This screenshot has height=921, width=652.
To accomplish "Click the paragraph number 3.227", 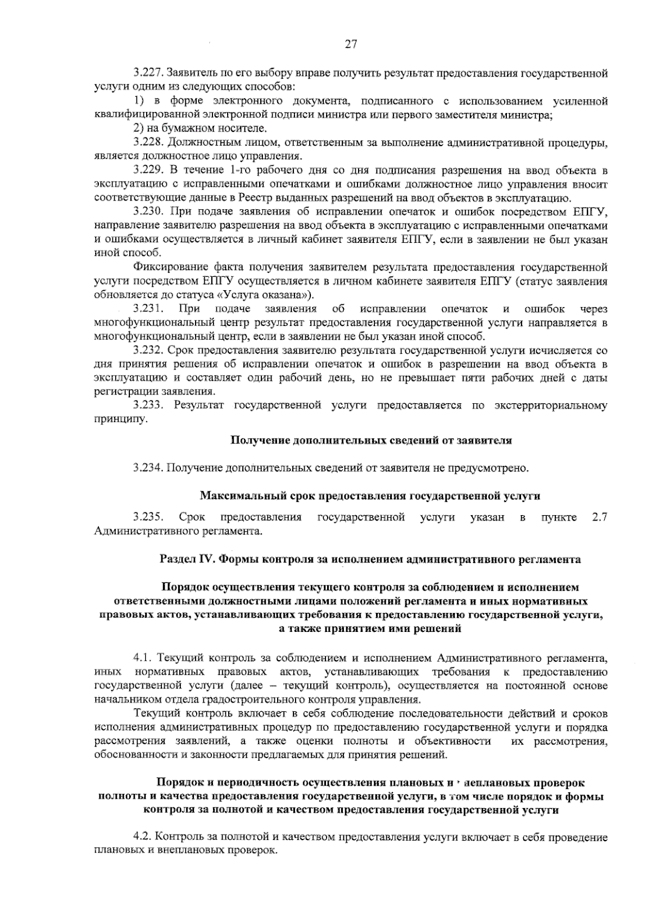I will (148, 73).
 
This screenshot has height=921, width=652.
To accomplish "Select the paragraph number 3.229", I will (148, 171).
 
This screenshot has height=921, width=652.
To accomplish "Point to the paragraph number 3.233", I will (148, 405).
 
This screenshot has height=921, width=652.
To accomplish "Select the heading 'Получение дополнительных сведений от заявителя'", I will (372, 440).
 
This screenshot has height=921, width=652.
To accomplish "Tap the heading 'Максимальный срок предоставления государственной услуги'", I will (371, 496).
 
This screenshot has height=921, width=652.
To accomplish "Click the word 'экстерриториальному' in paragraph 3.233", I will (551, 405).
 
